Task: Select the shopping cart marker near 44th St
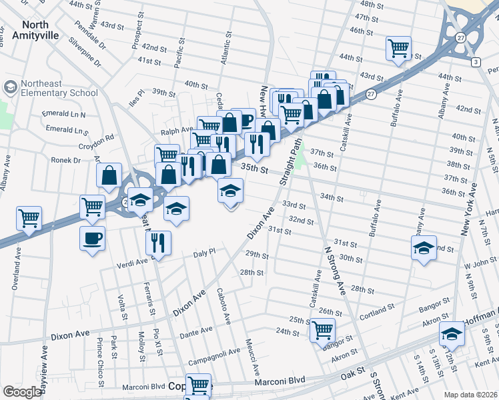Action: pyautogui.click(x=398, y=47)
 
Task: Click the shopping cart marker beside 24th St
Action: pyautogui.click(x=322, y=329)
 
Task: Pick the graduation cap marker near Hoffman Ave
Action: pyautogui.click(x=452, y=334)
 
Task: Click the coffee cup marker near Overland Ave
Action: pyautogui.click(x=93, y=238)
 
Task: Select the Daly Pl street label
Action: pyautogui.click(x=204, y=254)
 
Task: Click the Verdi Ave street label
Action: pyautogui.click(x=131, y=261)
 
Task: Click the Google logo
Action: pyautogui.click(x=22, y=392)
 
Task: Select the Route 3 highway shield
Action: pyautogui.click(x=475, y=62)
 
